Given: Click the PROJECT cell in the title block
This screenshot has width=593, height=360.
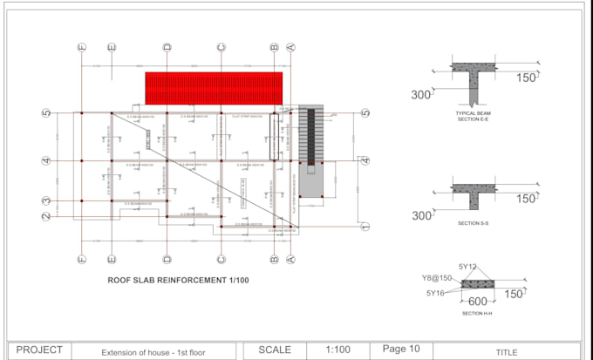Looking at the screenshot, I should click(x=39, y=350).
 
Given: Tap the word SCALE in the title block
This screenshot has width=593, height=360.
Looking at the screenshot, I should click(x=275, y=350).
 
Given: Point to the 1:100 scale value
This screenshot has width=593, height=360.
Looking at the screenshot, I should click(x=337, y=350).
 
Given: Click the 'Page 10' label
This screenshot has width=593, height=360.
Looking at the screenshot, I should click(x=401, y=349).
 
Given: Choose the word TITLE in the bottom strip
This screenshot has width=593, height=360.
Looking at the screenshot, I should click(x=507, y=352).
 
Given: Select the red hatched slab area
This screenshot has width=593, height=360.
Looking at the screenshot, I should click(x=214, y=88).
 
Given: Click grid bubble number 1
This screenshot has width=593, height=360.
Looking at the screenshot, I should click(x=365, y=227).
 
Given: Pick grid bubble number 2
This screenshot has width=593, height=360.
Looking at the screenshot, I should click(x=45, y=215).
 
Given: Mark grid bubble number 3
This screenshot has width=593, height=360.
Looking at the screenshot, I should click(x=45, y=201).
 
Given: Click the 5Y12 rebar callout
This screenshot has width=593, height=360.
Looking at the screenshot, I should click(x=467, y=266).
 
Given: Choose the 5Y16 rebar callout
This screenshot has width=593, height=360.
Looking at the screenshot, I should click(x=437, y=293).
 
